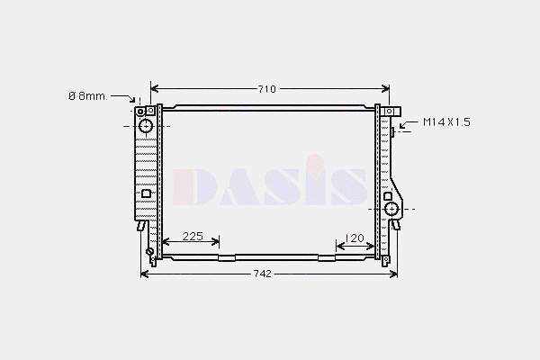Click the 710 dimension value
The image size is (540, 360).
(266, 89)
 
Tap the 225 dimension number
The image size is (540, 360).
(193, 238)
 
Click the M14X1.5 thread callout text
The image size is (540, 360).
(446, 121)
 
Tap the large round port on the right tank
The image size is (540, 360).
(391, 209)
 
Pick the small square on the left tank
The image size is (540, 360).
(147, 193)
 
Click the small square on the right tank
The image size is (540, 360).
(388, 195)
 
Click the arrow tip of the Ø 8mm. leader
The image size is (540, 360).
(139, 103)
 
